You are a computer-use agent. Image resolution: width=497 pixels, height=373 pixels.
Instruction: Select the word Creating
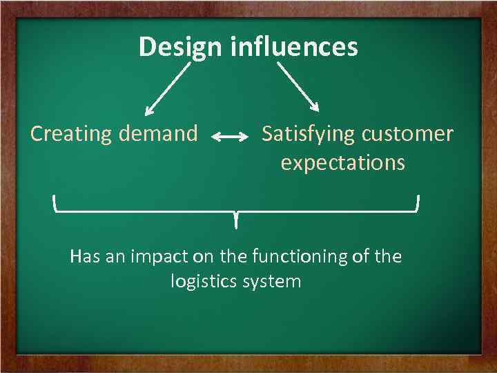(72, 133)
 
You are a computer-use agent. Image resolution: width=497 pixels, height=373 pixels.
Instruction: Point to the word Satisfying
(309, 133)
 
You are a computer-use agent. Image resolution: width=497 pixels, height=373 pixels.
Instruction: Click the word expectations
(342, 164)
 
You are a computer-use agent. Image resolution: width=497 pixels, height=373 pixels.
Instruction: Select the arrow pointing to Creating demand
(168, 88)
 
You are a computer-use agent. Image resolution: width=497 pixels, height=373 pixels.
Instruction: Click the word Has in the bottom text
(86, 257)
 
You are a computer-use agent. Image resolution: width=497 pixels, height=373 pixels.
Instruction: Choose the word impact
(159, 257)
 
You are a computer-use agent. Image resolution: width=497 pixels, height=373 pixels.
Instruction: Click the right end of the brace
(418, 202)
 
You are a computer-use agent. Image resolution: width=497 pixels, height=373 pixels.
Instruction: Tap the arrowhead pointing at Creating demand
(148, 111)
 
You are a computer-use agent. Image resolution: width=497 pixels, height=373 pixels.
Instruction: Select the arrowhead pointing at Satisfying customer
(316, 107)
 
